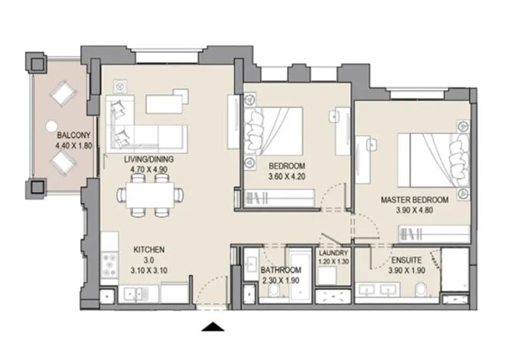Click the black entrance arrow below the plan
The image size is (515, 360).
point(213,326)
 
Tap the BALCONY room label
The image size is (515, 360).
point(73,135)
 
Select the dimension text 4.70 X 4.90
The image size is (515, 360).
point(148,169)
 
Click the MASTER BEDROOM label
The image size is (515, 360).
point(415,200)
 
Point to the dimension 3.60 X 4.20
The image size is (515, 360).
point(287,176)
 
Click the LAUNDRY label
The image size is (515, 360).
point(334,253)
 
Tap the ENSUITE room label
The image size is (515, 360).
point(406,260)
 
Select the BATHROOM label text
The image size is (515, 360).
point(281,270)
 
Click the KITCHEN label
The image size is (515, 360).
point(148,250)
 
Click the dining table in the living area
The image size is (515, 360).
point(150,195)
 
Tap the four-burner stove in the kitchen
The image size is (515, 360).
point(109,264)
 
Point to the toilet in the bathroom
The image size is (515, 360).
point(273,290)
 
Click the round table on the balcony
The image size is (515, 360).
point(51,126)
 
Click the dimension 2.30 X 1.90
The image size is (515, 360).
point(281,280)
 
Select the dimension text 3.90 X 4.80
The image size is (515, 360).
point(415,210)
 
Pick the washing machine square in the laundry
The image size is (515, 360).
point(327,275)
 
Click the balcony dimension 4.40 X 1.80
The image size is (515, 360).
point(73,146)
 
